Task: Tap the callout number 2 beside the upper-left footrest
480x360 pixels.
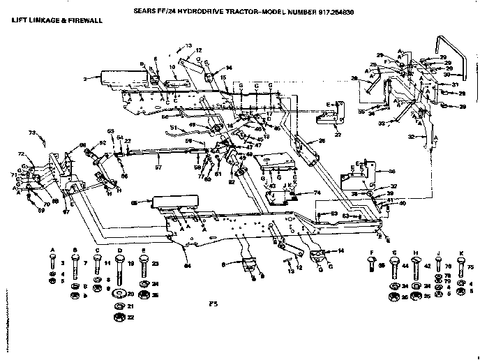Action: coord(85,80)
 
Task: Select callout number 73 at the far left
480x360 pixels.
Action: coord(31,132)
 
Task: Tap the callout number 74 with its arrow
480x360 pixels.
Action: coord(317,193)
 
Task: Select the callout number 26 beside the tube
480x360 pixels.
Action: coord(322,141)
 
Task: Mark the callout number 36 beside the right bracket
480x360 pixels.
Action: coord(392,170)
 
